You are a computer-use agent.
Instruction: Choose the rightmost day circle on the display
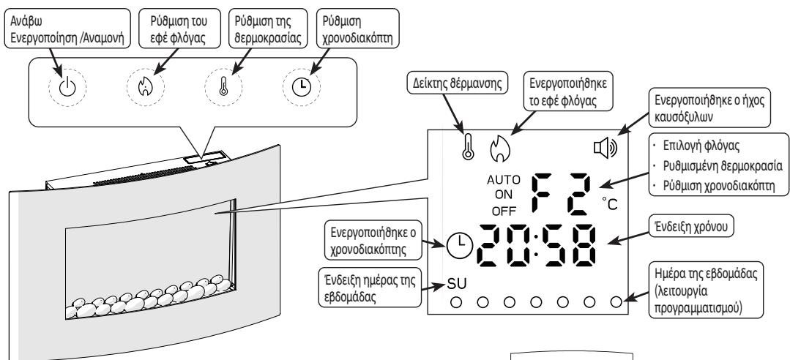click(616, 301)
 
